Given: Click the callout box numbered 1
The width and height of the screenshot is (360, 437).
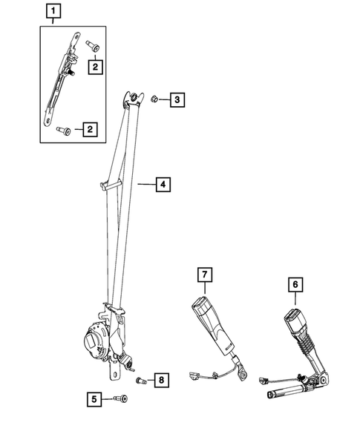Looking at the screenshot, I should point(53,11).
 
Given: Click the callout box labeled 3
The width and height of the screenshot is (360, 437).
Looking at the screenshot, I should point(177,99).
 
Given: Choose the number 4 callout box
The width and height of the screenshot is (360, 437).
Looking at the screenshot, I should point(163,183).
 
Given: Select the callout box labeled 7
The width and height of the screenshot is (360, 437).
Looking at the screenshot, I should point(204,275).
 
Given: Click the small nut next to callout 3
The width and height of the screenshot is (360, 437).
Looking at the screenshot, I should point(154,98).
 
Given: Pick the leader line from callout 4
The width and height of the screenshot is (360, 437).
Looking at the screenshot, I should point(145,183).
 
